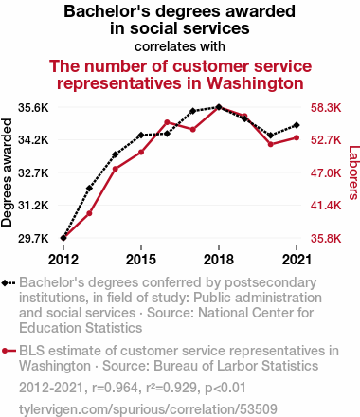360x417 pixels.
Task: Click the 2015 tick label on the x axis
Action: [141, 260]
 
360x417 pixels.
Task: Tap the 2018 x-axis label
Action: [219, 260]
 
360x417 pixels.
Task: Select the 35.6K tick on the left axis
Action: [33, 108]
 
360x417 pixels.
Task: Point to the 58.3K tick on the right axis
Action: [326, 108]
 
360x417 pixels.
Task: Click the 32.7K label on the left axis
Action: [33, 172]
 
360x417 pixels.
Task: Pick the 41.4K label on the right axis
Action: [326, 206]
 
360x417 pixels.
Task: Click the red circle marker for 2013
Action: [89, 213]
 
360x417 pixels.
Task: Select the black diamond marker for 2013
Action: [89, 189]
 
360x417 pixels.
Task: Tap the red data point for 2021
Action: [297, 137]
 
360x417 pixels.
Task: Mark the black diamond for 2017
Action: [193, 111]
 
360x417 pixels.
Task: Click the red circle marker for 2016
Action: [167, 122]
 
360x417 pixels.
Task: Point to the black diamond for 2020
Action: [271, 136]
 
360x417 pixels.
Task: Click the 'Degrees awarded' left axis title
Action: [7, 172]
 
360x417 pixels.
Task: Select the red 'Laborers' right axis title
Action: [353, 172]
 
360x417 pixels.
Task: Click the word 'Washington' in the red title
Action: [255, 83]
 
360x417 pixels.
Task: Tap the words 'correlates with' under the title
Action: [180, 46]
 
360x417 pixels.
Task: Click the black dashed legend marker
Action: [9, 282]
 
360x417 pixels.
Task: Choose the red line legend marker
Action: [9, 351]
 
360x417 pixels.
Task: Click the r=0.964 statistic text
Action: [115, 388]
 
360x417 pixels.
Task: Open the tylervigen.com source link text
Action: [148, 409]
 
